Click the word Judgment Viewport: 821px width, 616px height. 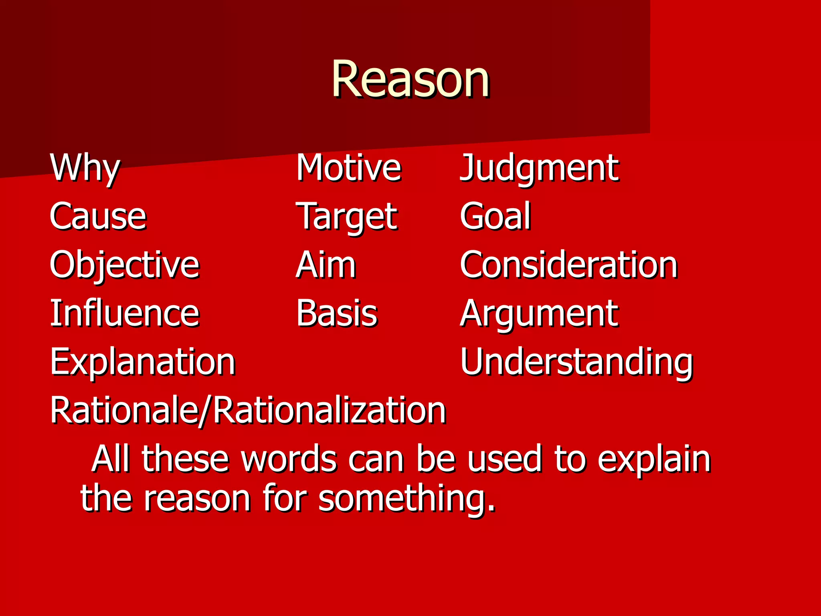[539, 168]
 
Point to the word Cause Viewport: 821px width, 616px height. [98, 217]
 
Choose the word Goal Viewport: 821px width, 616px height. [495, 217]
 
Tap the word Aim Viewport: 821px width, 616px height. [326, 265]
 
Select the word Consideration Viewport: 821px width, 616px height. [568, 265]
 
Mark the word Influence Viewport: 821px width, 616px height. [124, 314]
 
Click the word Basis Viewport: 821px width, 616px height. [337, 314]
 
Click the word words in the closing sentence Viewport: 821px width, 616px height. [289, 459]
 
